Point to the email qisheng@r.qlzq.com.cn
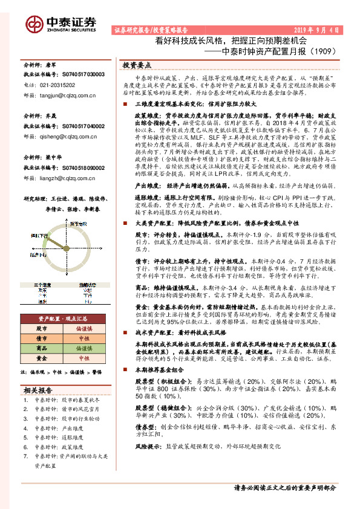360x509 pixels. point(70,137)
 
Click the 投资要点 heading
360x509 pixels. point(137,64)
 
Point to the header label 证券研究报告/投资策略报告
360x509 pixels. point(151,29)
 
